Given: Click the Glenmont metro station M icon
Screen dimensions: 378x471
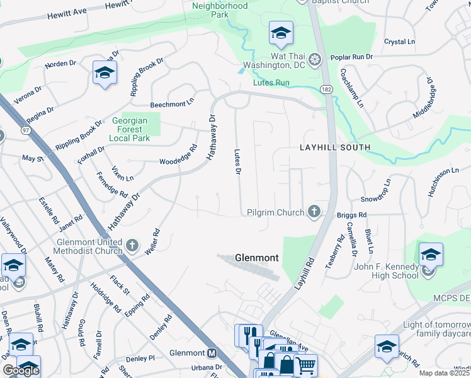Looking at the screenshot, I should coord(212,353).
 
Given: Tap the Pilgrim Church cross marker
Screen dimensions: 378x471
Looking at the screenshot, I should coord(314,212).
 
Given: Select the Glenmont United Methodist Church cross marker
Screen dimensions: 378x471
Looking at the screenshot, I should coord(132,244).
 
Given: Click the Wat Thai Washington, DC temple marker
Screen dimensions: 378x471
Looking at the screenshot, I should coord(314,60).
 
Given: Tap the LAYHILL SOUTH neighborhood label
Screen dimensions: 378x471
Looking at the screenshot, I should coord(334,147).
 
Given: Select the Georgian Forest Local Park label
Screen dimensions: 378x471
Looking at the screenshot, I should coord(129,129).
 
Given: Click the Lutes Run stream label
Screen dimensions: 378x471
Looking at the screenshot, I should coord(271,83).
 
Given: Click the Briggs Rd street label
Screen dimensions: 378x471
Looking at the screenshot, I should coord(350,214).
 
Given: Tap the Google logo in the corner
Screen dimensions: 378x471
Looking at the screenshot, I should coord(21,370).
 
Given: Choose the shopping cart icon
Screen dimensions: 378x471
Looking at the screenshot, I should coord(305,364).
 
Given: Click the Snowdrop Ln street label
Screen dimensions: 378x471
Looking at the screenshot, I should coord(376,190).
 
